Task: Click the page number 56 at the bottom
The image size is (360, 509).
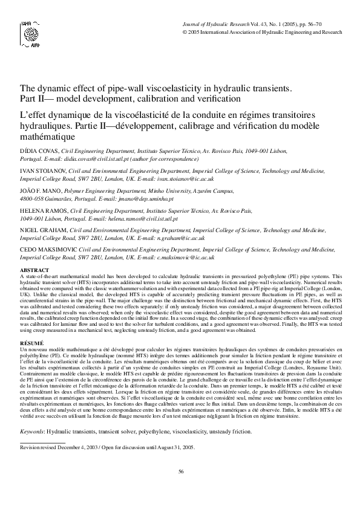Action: tap(180, 471)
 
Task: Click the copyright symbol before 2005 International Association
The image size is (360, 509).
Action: tap(185, 32)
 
